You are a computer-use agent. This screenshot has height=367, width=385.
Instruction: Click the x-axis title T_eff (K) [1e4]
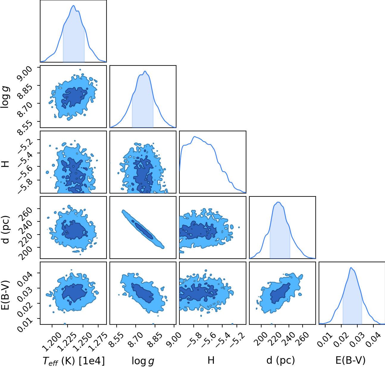point(73,360)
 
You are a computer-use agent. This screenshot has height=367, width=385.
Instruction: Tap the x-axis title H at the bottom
point(211,360)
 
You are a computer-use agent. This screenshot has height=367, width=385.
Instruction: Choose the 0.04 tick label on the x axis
point(373,340)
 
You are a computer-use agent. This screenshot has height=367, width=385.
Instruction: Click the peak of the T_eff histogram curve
point(73,5)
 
